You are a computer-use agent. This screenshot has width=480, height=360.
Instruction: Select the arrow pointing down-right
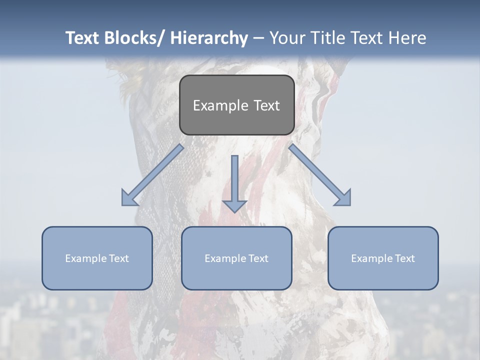tap(320, 175)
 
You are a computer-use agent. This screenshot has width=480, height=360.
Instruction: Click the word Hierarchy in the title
tap(209, 38)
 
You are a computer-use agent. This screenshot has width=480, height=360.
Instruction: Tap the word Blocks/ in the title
tap(132, 38)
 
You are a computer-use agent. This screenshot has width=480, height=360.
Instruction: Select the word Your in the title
tap(287, 38)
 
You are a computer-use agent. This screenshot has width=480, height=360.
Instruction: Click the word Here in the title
tap(407, 38)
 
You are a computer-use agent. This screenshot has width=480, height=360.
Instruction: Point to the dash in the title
tap(258, 38)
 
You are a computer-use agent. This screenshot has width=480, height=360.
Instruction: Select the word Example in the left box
tap(84, 258)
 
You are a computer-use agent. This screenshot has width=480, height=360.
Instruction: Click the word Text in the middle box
tap(256, 258)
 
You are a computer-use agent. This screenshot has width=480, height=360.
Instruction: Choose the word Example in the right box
tap(370, 258)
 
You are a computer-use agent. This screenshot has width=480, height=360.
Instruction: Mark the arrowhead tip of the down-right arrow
tap(350, 205)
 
